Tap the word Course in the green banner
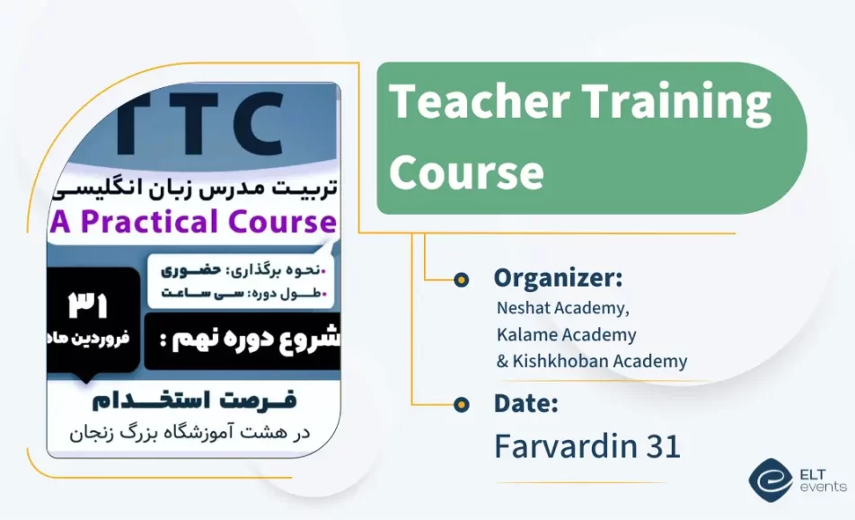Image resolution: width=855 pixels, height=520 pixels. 466,170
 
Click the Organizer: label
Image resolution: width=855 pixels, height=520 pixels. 558,278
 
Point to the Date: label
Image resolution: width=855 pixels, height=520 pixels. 526,403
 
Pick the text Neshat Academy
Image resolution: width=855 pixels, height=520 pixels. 563,308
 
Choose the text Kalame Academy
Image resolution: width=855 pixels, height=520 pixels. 566,335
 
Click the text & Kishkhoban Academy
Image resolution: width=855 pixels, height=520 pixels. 592,362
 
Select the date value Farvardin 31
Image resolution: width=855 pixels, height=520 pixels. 587,446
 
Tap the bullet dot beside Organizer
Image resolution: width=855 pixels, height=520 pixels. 462,279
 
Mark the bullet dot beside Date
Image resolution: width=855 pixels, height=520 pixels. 462,404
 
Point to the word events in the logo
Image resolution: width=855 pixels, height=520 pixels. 822,487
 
